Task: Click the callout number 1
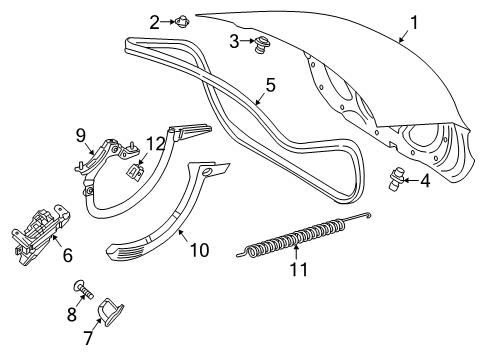click(414, 23)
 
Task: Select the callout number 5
click(270, 85)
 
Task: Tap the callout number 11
click(299, 269)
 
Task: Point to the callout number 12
click(156, 144)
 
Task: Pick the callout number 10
click(199, 250)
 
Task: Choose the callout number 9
click(81, 135)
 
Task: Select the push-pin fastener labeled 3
click(261, 45)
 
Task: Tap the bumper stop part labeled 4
click(396, 179)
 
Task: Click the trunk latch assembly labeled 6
click(40, 234)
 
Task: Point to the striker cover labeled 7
click(111, 312)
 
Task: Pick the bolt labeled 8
click(84, 290)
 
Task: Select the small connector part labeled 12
click(135, 171)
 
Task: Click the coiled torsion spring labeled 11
click(304, 236)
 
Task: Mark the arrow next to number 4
click(411, 181)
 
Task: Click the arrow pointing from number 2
click(167, 22)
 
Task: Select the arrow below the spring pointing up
click(296, 252)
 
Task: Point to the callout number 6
click(67, 256)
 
